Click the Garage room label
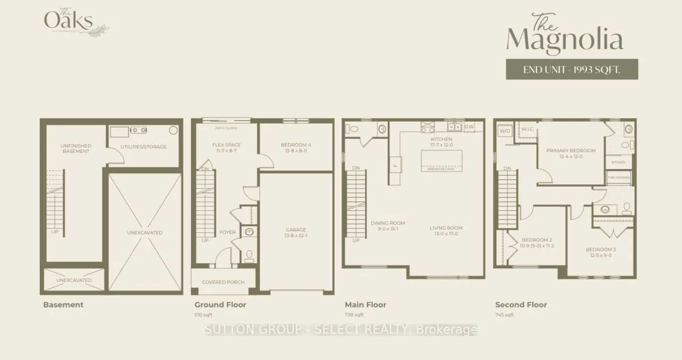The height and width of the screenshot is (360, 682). tap(296, 230)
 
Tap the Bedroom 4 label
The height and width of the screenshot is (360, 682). tap(296, 145)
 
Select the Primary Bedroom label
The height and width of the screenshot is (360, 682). tap(571, 151)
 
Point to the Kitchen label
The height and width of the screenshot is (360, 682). tap(441, 139)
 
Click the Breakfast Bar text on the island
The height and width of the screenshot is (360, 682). tap(442, 169)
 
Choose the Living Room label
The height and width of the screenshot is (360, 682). tap(446, 228)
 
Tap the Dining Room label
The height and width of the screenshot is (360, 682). tap(387, 223)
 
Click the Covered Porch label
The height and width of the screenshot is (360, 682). tap(223, 282)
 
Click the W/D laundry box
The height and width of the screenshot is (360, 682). tap(505, 131)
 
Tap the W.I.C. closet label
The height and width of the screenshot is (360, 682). tap(527, 129)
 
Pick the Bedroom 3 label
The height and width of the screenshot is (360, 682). tap(600, 250)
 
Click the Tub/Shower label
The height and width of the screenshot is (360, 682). tap(618, 178)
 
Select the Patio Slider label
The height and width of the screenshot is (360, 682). tap(226, 128)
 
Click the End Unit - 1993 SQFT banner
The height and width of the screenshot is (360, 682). tap(572, 70)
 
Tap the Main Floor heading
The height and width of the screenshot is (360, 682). tap(365, 305)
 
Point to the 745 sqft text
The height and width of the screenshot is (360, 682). tap(504, 315)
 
